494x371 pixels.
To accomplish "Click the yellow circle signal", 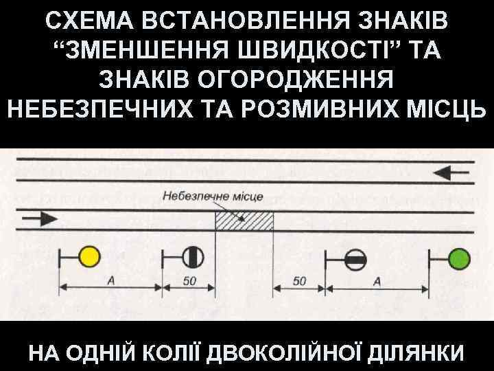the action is [89, 257].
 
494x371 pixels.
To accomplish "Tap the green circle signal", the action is [458, 258].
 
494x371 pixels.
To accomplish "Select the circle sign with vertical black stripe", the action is [192, 258].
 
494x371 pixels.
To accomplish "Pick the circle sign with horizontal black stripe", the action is [355, 259].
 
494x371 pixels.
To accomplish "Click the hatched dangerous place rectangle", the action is [245, 221].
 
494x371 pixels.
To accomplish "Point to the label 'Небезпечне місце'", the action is [213, 196].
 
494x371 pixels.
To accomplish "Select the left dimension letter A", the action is [110, 280].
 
